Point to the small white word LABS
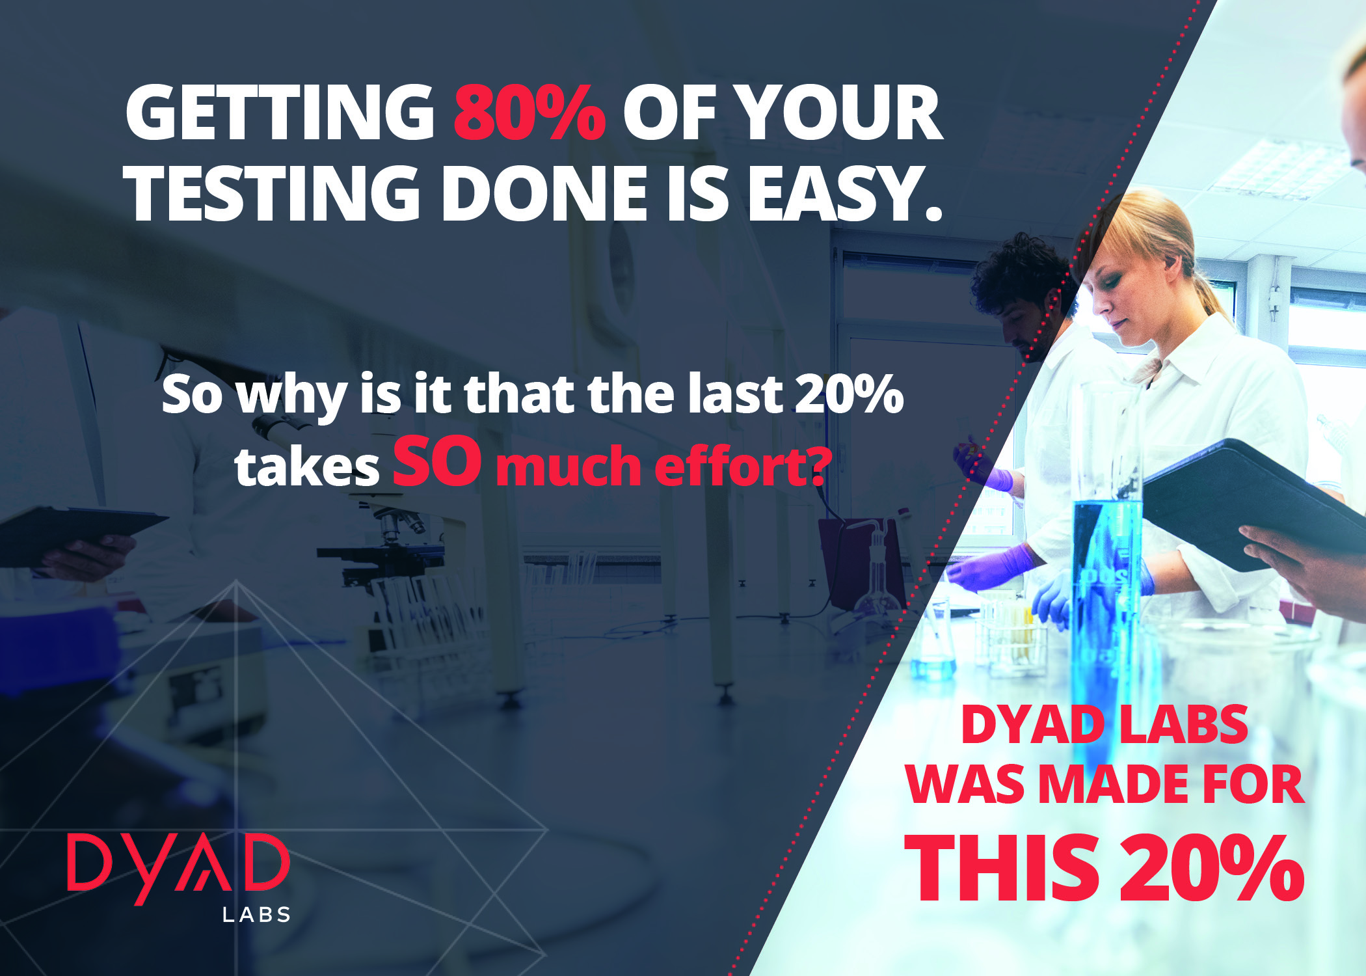tap(256, 915)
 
